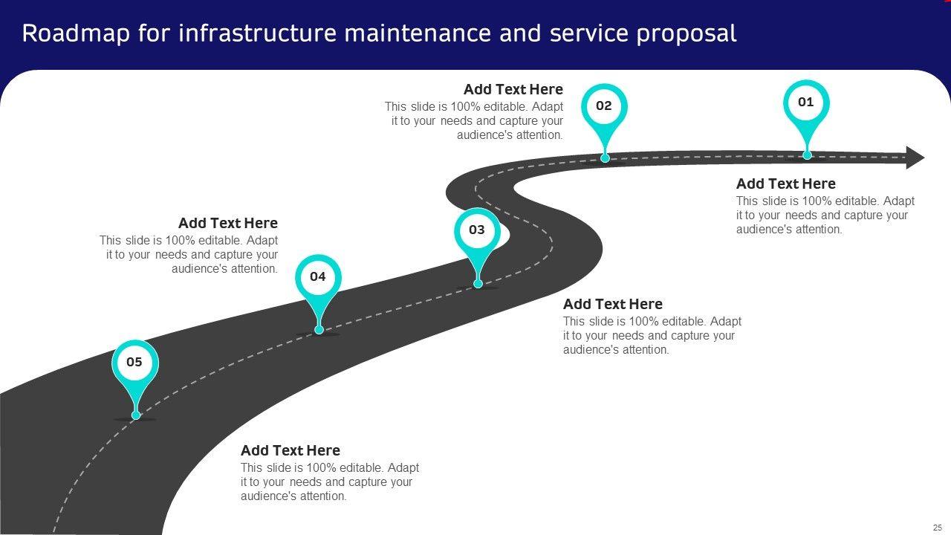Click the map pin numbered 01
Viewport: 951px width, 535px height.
tap(806, 103)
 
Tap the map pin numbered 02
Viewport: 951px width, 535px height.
tap(604, 106)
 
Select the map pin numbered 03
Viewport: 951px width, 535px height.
tap(477, 230)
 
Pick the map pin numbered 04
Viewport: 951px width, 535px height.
tap(318, 277)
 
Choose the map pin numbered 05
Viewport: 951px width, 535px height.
tap(134, 363)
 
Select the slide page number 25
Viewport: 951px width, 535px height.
tap(938, 527)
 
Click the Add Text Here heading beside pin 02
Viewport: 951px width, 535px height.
tap(513, 90)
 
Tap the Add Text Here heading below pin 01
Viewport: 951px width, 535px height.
tap(785, 184)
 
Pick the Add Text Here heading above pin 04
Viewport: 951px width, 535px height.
tap(228, 223)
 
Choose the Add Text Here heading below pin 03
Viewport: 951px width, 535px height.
tap(612, 304)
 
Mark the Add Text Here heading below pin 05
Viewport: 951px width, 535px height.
tap(290, 450)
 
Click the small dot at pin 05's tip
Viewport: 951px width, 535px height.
tap(136, 415)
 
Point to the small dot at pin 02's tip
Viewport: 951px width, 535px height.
tap(605, 158)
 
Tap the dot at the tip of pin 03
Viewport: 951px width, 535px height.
tap(478, 283)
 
